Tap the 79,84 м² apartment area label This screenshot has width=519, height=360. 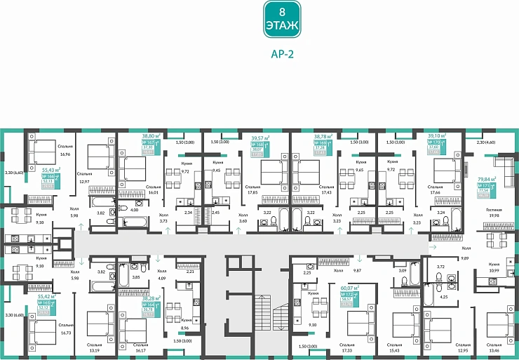pos(487,179)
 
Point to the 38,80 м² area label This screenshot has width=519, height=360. pos(151,136)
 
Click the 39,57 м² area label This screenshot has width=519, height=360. pos(261,139)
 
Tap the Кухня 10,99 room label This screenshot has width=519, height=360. pos(494,267)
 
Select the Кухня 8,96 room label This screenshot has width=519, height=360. pos(186,324)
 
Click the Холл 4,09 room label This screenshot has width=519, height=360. pos(163,276)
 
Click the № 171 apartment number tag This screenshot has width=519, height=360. pos(483,185)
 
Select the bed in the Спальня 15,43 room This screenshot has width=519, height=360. pos(406,324)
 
